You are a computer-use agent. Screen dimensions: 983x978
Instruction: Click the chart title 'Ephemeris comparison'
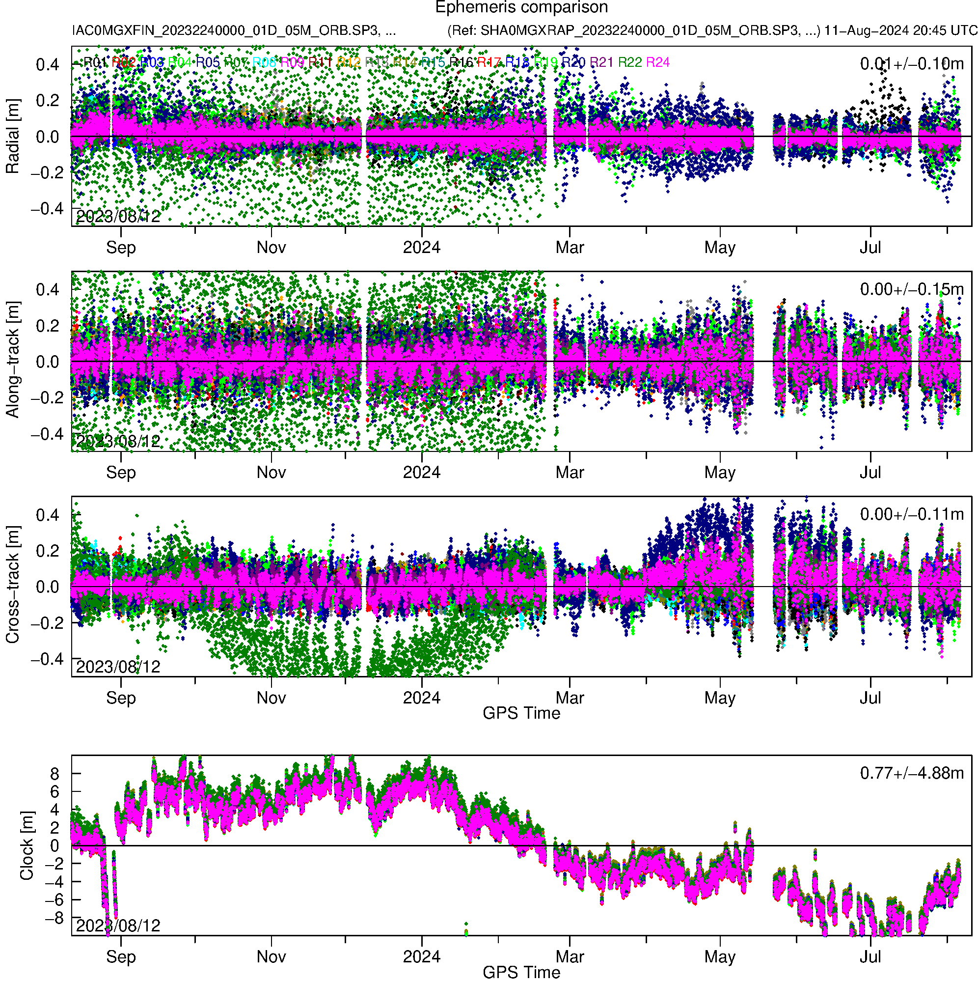[521, 8]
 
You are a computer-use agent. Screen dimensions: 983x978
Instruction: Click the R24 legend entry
[657, 62]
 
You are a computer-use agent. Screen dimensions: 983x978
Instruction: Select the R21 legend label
[601, 62]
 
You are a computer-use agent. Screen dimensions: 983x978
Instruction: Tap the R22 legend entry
[629, 62]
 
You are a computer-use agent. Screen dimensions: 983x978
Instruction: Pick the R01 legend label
[95, 62]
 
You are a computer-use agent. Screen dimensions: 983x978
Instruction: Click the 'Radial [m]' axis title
[13, 137]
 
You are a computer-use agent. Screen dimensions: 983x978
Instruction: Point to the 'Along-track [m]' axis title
[13, 360]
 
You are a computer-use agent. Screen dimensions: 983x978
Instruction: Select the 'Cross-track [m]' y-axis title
[13, 585]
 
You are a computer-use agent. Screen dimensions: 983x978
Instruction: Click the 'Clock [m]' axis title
[27, 845]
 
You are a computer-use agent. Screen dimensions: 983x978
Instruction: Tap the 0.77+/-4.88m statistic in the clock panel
[911, 773]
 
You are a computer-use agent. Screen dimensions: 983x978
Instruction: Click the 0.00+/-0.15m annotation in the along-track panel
[911, 289]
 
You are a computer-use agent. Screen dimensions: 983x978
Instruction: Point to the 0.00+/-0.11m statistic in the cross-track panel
[911, 514]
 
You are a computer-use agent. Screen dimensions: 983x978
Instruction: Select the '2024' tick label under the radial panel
[421, 248]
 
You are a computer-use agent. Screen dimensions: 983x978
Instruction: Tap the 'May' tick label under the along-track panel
[720, 473]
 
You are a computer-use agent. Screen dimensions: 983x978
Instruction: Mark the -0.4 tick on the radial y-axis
[47, 209]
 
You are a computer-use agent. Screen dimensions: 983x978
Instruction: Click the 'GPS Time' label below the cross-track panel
[521, 713]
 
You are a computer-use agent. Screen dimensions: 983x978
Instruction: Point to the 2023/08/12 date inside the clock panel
[118, 926]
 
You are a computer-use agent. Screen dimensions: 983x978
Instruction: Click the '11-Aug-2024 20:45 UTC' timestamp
[900, 30]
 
